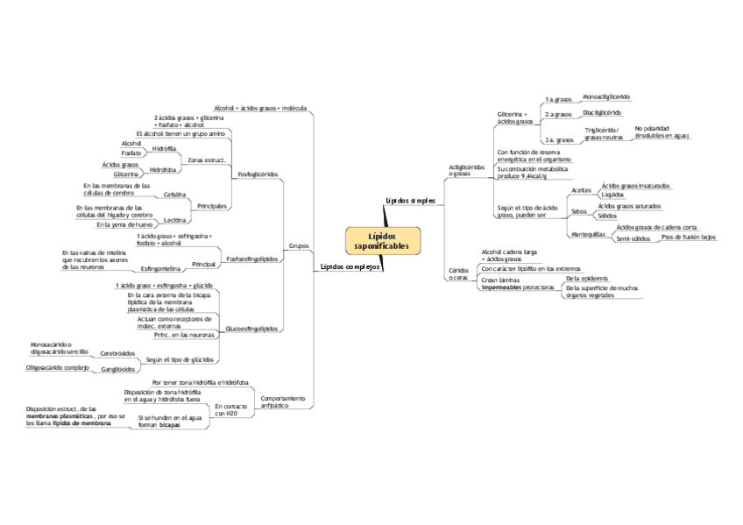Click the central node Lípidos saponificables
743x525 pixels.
(382, 241)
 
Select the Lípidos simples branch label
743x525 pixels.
(410, 201)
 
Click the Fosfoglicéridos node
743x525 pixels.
(258, 174)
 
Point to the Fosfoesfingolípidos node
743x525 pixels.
(252, 259)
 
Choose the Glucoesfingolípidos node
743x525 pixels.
(252, 329)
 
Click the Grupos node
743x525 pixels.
(298, 246)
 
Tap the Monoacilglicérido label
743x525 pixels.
(606, 96)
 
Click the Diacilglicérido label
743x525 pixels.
(602, 112)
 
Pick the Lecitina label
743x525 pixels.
(174, 220)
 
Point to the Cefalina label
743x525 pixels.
(174, 194)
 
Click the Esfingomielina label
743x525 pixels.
(161, 268)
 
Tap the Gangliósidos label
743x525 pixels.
(117, 369)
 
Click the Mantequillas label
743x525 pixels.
(587, 235)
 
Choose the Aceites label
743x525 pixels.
(581, 189)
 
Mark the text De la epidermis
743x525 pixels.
(586, 277)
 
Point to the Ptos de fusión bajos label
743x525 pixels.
(689, 237)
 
